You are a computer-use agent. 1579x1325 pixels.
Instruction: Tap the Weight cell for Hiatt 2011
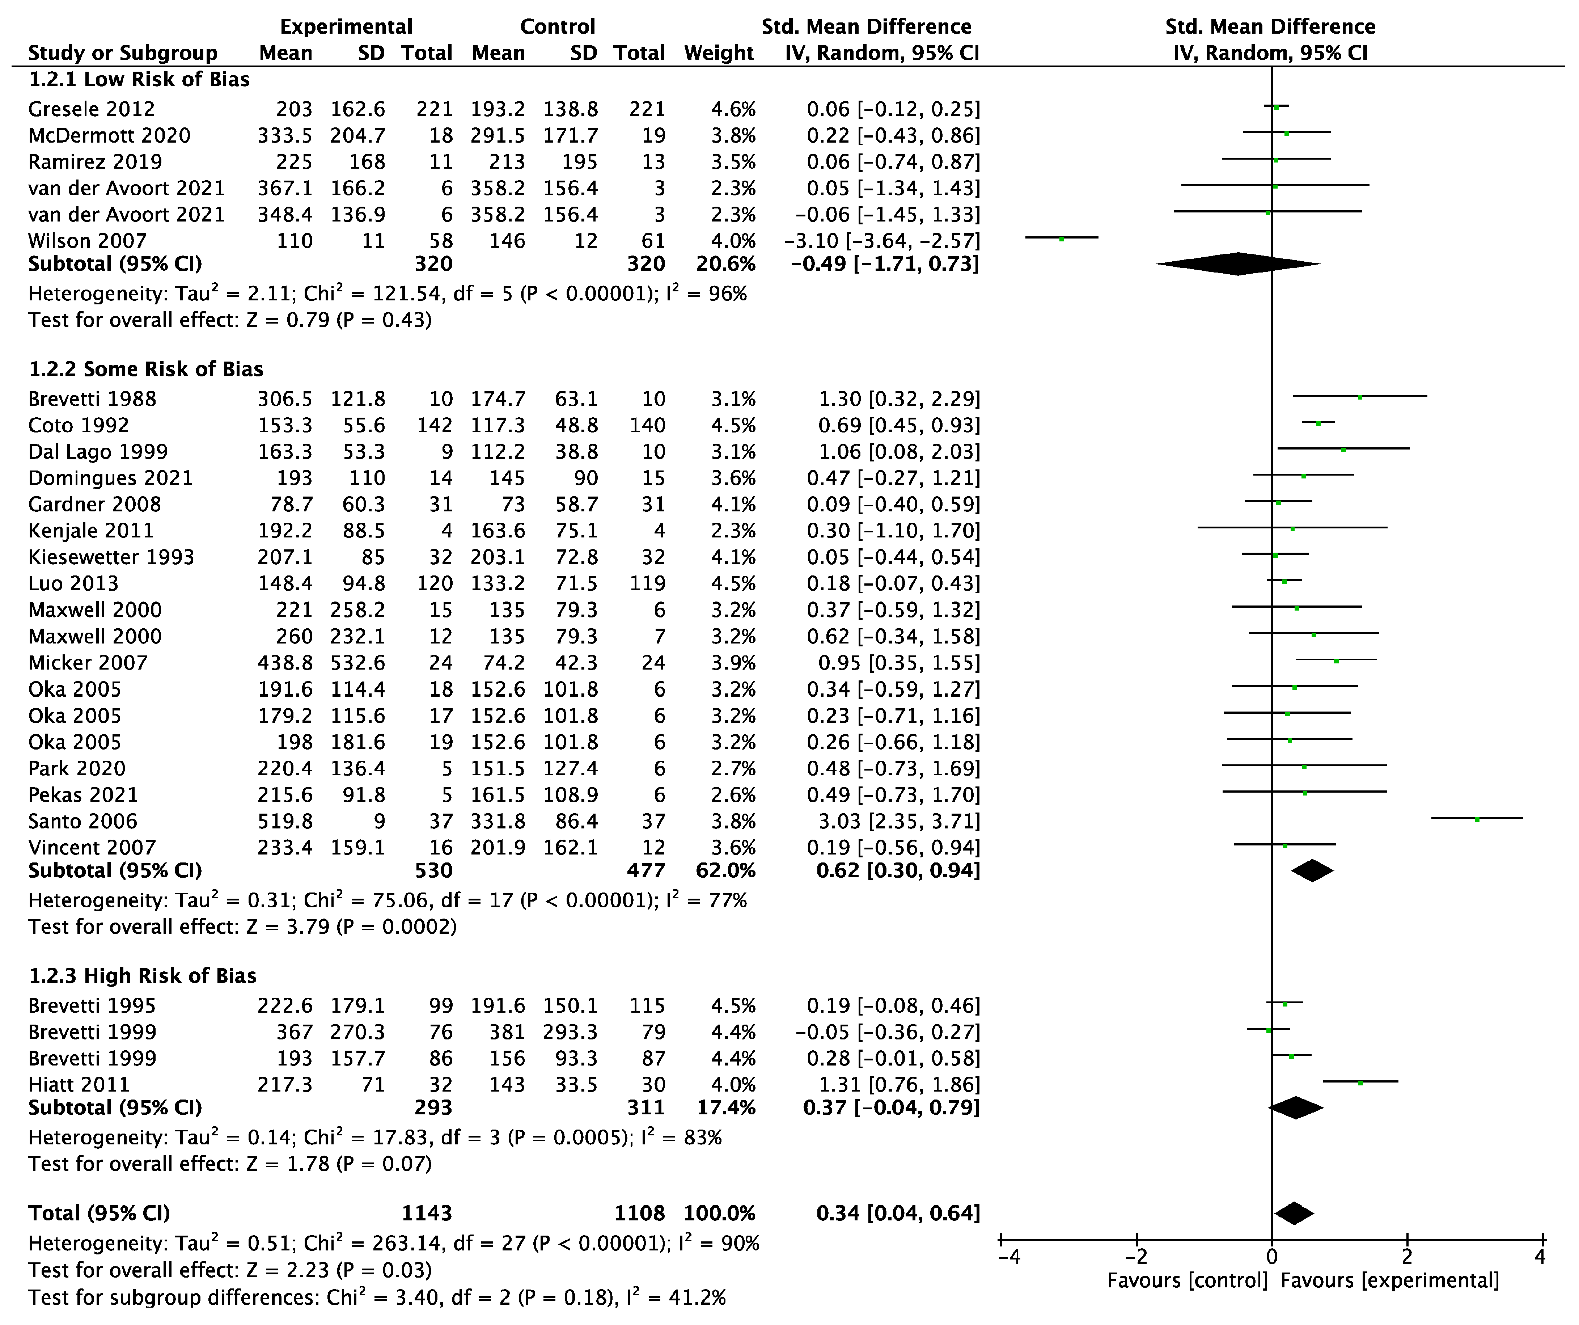(x=733, y=1084)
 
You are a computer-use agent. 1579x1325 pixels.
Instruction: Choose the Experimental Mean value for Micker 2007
(x=285, y=662)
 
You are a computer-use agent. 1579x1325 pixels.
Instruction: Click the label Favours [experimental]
(x=1389, y=1280)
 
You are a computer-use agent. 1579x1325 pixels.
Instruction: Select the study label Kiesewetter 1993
(x=111, y=557)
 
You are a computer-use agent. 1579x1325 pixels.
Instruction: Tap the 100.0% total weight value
(x=719, y=1213)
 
